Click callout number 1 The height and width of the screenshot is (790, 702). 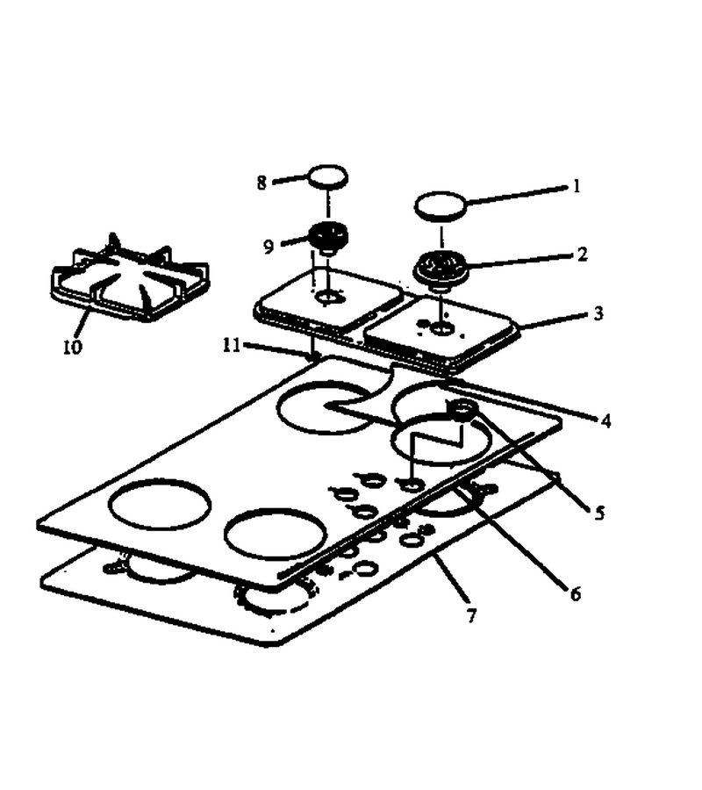click(x=577, y=186)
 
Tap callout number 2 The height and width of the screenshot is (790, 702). click(x=582, y=254)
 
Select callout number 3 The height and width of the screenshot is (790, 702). click(x=598, y=313)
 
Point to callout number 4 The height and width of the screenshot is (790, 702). click(x=605, y=420)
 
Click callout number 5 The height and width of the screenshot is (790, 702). click(x=599, y=513)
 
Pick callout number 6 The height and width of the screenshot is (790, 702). click(x=575, y=593)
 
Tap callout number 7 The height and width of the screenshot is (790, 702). click(x=471, y=615)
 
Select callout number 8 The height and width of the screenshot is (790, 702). click(x=261, y=183)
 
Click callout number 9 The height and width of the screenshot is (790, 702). click(x=269, y=247)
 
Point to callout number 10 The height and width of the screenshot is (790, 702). click(x=72, y=346)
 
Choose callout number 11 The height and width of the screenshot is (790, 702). click(x=232, y=345)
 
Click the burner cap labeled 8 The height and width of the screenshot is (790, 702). click(x=327, y=176)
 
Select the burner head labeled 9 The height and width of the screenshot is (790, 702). click(x=328, y=236)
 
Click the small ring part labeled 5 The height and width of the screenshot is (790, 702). click(x=462, y=410)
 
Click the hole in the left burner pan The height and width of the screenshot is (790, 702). click(x=327, y=298)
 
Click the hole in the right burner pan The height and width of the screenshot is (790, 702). click(x=442, y=329)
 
